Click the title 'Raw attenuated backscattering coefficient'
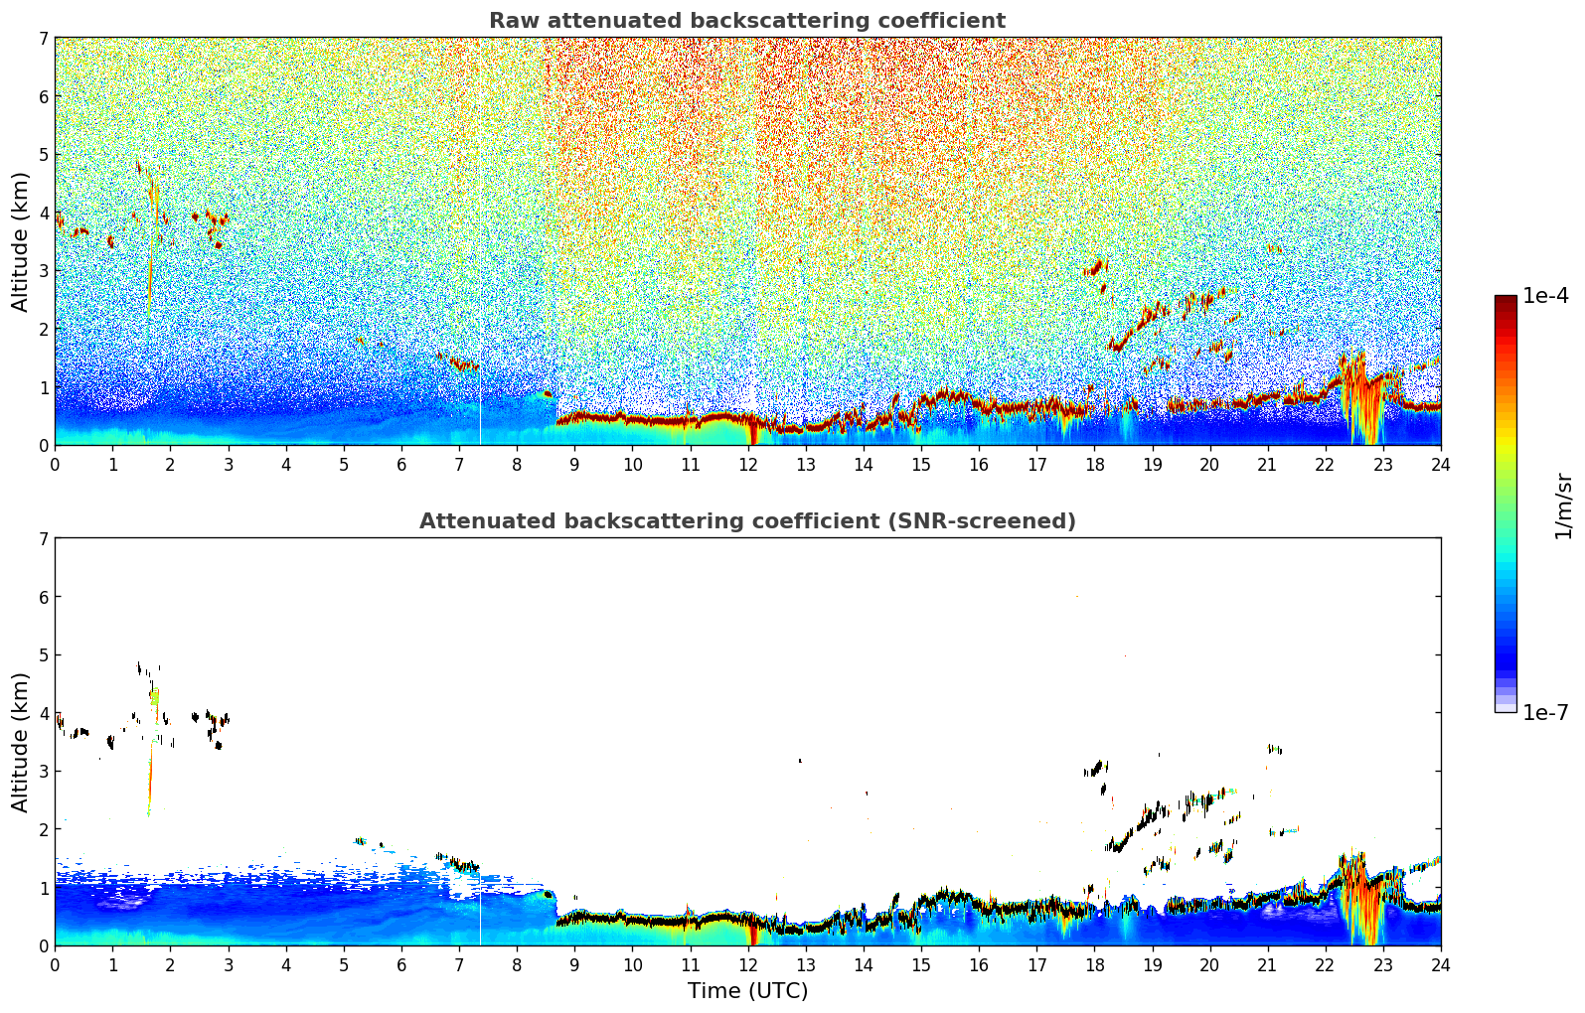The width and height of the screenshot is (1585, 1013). coord(747,21)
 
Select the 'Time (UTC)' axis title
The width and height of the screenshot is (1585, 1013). coord(747,990)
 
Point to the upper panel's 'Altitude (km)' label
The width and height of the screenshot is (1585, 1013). coord(20,242)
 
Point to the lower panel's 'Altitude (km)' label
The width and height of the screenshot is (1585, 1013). coord(20,742)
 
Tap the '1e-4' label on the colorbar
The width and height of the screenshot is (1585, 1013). coord(1546,296)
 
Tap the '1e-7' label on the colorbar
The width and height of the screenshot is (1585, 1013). coord(1546,712)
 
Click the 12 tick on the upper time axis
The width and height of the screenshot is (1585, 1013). coord(748,465)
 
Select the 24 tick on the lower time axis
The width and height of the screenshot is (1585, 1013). coord(1441,965)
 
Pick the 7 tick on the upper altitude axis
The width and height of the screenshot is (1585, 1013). coord(44,38)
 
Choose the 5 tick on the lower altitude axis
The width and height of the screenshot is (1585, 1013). coord(44,655)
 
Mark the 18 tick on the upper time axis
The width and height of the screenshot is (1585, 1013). coord(1095,465)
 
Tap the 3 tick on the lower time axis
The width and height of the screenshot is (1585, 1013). coord(229,965)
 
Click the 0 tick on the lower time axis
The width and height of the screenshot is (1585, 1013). coord(56,965)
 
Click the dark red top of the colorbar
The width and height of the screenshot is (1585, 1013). coord(1506,300)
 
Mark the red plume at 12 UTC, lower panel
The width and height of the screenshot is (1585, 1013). coord(753,934)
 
